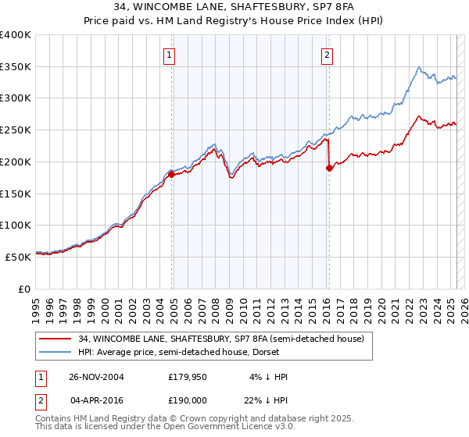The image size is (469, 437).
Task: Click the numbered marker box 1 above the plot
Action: [x=170, y=55]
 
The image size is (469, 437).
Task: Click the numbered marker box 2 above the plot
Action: [x=326, y=55]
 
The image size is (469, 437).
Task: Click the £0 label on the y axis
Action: [x=24, y=289]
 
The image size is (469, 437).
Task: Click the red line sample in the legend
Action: [x=56, y=339]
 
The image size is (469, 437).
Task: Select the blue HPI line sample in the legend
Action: [x=56, y=352]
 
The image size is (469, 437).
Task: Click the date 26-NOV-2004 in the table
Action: [x=97, y=377]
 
